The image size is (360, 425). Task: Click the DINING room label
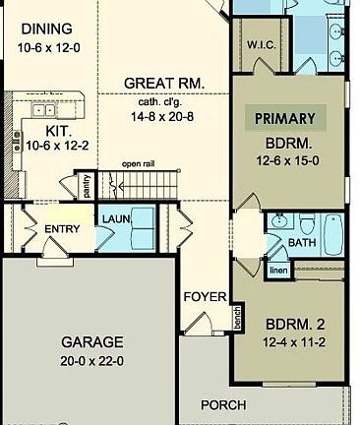click(x=46, y=29)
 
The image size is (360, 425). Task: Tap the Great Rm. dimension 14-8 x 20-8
click(x=162, y=116)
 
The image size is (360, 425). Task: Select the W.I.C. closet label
click(x=261, y=45)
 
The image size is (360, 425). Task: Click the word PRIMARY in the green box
click(x=285, y=119)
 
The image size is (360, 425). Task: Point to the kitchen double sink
click(x=42, y=109)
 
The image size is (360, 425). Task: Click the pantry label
click(x=87, y=186)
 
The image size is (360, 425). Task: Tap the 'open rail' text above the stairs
click(x=138, y=163)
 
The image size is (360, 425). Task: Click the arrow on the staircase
click(x=147, y=187)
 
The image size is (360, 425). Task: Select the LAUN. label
click(x=116, y=218)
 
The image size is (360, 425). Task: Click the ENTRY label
click(x=62, y=229)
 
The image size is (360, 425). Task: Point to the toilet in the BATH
click(x=307, y=224)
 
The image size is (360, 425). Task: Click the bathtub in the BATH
click(x=334, y=234)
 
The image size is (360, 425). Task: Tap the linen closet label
click(x=278, y=271)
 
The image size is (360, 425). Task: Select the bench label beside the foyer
click(x=237, y=318)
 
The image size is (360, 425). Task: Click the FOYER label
click(x=205, y=297)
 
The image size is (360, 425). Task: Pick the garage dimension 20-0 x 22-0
click(x=91, y=361)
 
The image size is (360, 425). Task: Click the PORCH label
click(x=223, y=405)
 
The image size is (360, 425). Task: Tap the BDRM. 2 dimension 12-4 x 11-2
click(x=294, y=342)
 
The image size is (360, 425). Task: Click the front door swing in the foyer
click(x=199, y=323)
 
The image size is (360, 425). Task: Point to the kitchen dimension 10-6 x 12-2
click(x=57, y=146)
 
